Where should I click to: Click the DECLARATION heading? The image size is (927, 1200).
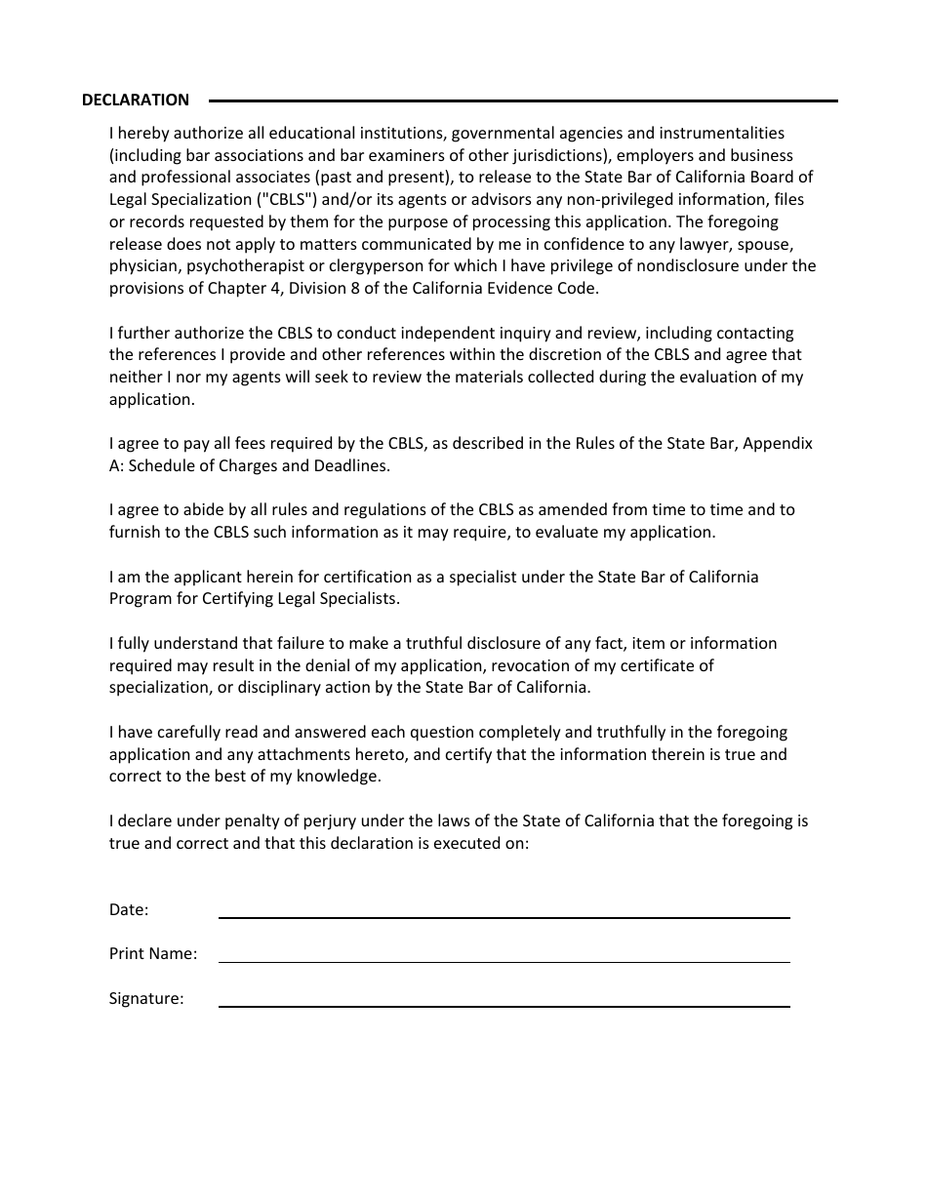click(136, 100)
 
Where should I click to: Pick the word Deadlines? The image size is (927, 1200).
click(352, 465)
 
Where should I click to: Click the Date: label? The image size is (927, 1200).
click(129, 909)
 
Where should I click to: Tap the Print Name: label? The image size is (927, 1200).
click(153, 953)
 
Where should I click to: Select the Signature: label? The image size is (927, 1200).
click(146, 998)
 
